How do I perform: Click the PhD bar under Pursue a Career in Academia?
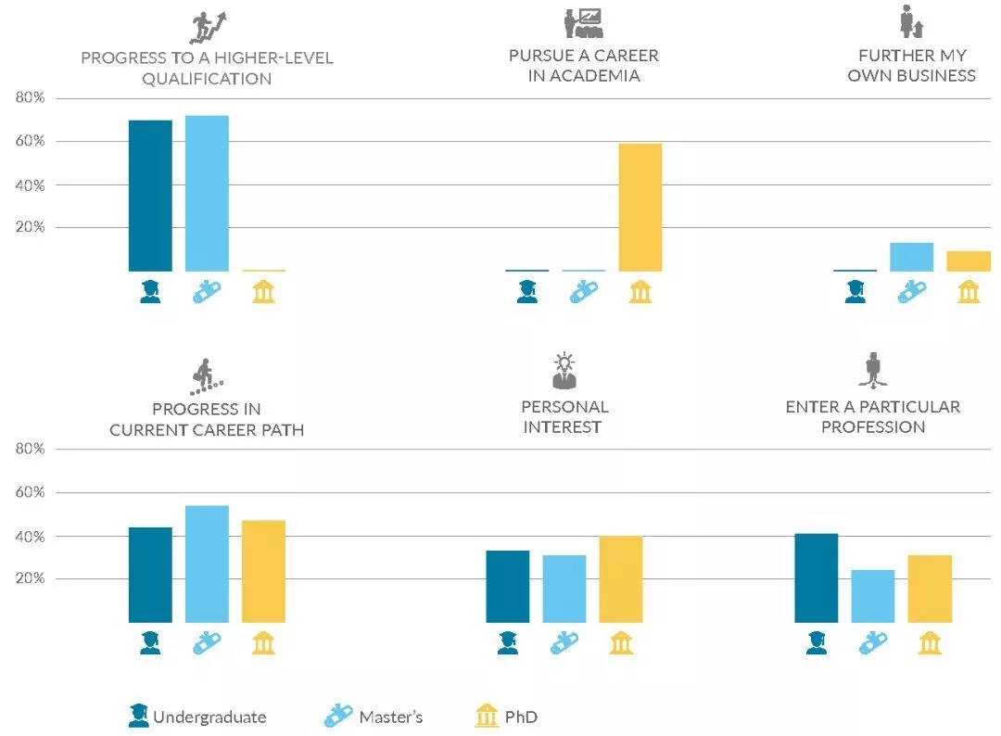(640, 208)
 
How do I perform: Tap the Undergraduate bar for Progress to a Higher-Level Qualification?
(150, 196)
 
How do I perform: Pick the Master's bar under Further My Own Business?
(911, 257)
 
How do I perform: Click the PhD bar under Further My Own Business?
(969, 261)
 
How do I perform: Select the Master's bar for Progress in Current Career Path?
(207, 564)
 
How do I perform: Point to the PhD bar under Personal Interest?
(620, 579)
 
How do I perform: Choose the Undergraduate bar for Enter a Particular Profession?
(816, 577)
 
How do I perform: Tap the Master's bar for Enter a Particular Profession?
(873, 596)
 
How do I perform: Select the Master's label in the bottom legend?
(390, 717)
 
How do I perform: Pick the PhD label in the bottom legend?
(521, 717)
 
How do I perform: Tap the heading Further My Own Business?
(911, 66)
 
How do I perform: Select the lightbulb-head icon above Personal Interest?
(564, 370)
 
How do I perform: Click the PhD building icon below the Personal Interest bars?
(620, 642)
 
